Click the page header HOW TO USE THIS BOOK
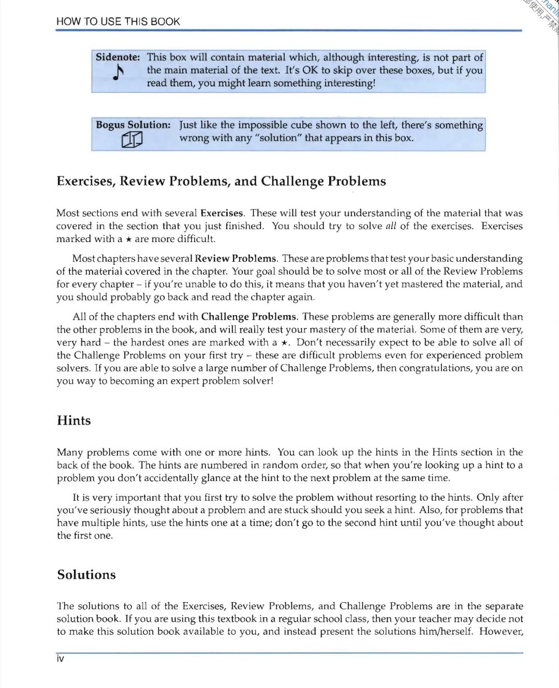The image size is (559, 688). click(x=118, y=22)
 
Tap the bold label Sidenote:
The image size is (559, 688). click(x=117, y=57)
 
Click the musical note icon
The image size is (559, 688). click(x=119, y=72)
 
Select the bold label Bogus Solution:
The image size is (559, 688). click(x=133, y=125)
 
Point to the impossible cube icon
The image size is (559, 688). click(x=132, y=140)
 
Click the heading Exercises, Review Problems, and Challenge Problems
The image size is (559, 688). click(x=221, y=182)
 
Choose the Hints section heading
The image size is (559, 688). click(x=73, y=421)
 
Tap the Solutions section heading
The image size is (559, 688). click(x=86, y=575)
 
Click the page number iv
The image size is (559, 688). click(x=60, y=659)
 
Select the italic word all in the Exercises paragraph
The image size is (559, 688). click(x=391, y=226)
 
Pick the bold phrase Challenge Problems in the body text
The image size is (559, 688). click(x=248, y=317)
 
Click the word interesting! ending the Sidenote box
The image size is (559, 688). click(x=349, y=83)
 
